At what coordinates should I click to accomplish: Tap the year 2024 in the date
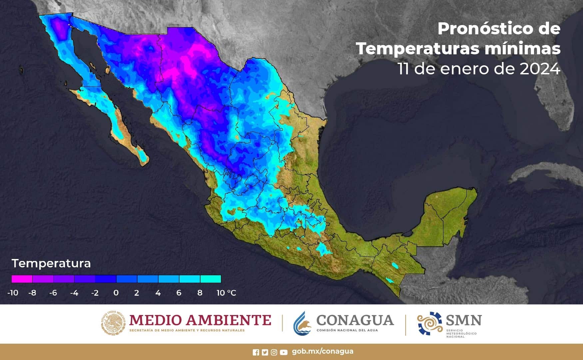[x=540, y=69]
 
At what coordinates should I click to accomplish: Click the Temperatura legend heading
[x=51, y=263]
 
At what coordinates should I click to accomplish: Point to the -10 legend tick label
[x=13, y=293]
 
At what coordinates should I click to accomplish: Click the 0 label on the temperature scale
[x=116, y=293]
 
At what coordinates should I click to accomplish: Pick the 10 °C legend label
[x=226, y=293]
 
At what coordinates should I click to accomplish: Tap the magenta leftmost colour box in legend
[x=22, y=279]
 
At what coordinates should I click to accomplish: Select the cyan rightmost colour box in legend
[x=211, y=279]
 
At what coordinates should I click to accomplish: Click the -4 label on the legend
[x=74, y=293]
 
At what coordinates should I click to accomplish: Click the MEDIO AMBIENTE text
[x=200, y=320]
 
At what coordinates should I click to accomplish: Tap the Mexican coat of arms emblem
[x=114, y=323]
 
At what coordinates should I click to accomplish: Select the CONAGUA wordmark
[x=355, y=320]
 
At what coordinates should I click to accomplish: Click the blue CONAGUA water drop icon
[x=302, y=323]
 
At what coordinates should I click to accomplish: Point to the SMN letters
[x=464, y=320]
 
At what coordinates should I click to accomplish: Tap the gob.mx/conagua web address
[x=322, y=351]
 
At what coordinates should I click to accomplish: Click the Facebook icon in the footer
[x=256, y=352]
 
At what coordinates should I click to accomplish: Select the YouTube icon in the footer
[x=284, y=352]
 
